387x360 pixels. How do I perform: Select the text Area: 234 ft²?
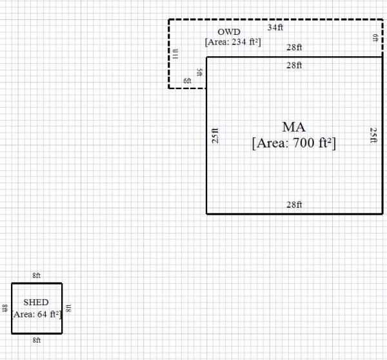coord(232,42)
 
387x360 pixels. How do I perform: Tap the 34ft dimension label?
coord(275,28)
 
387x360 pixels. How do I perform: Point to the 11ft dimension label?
coord(175,54)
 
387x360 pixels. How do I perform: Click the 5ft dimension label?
coord(200,72)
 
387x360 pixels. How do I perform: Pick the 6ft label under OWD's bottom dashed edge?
coord(187,81)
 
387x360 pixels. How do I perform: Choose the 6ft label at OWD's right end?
coord(375,39)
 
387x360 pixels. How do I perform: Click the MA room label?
coord(293,127)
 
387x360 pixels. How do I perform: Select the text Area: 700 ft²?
coord(294,143)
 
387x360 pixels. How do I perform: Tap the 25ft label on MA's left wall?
coord(215,135)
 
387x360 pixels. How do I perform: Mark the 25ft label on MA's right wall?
coord(373,135)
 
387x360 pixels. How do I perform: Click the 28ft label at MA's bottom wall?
coord(294,205)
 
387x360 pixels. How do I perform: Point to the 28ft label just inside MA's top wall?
coord(294,65)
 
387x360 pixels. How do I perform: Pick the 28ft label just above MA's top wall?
coord(294,48)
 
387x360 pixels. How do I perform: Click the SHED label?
coord(36,302)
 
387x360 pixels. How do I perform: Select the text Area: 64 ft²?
coord(36,314)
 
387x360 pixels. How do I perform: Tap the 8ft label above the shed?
coord(37,275)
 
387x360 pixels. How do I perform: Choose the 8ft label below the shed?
coord(37,339)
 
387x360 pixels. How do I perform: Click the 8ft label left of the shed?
coord(5,308)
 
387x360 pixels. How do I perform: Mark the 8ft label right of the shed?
coord(68,308)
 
